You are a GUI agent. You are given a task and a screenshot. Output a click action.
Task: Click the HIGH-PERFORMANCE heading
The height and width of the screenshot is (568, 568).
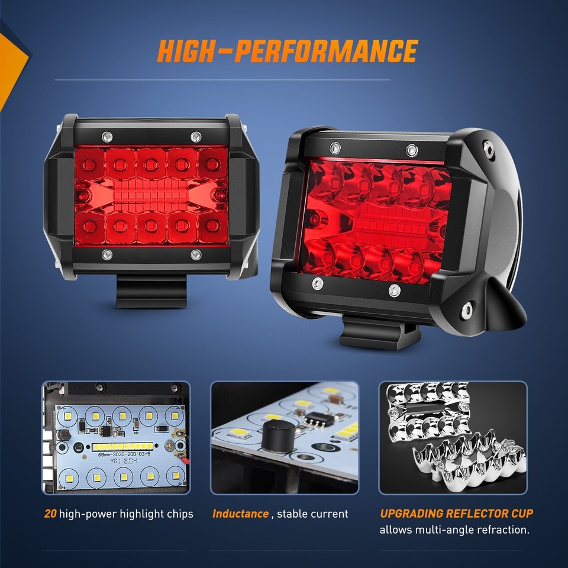pyautogui.click(x=287, y=51)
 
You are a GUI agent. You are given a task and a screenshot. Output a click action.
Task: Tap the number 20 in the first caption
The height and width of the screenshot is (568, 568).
pyautogui.click(x=50, y=514)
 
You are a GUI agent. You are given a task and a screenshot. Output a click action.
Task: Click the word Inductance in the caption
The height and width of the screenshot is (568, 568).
pyautogui.click(x=240, y=514)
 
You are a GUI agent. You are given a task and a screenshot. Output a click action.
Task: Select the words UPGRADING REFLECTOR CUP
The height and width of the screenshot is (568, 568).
pyautogui.click(x=456, y=513)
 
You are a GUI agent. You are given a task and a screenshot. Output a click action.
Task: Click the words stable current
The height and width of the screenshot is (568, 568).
pyautogui.click(x=313, y=514)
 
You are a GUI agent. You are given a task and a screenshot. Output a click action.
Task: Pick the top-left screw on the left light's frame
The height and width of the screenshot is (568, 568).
pyautogui.click(x=106, y=136)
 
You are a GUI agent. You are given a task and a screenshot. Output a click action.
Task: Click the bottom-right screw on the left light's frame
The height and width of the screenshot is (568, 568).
pyautogui.click(x=196, y=254)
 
